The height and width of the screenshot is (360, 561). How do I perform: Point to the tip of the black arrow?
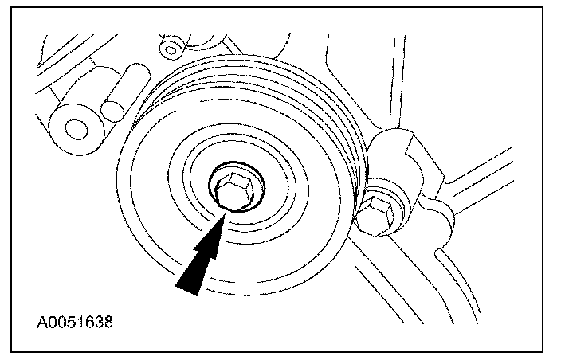point(226,213)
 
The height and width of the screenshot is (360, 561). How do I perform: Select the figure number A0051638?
point(74,324)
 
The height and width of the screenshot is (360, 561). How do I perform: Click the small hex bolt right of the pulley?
point(379,213)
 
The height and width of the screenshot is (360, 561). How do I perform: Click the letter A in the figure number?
point(41,324)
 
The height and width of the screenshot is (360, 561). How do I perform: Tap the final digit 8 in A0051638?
point(108,324)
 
